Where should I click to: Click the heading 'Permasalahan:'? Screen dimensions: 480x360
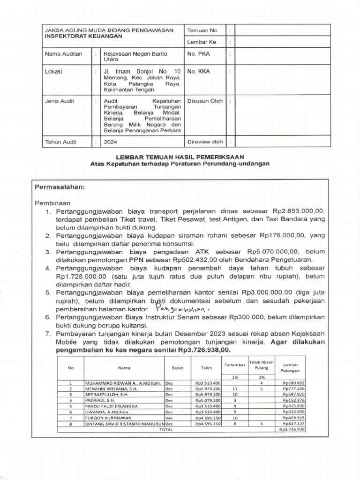click(x=60, y=187)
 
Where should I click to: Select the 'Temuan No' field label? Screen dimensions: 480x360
click(x=202, y=30)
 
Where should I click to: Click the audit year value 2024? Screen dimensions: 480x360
click(x=111, y=142)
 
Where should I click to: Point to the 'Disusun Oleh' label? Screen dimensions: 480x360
click(x=205, y=101)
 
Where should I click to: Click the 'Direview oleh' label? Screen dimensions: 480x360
click(x=205, y=142)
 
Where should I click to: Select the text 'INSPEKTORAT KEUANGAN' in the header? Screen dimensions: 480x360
click(x=83, y=36)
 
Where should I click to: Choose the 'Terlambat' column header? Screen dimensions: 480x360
click(x=234, y=364)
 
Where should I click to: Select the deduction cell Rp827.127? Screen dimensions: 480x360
click(x=294, y=423)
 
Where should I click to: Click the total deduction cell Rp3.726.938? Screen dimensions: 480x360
click(x=292, y=429)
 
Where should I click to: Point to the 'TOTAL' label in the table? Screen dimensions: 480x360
click(x=166, y=429)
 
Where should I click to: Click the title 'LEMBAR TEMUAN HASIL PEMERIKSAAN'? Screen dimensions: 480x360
click(x=180, y=156)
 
